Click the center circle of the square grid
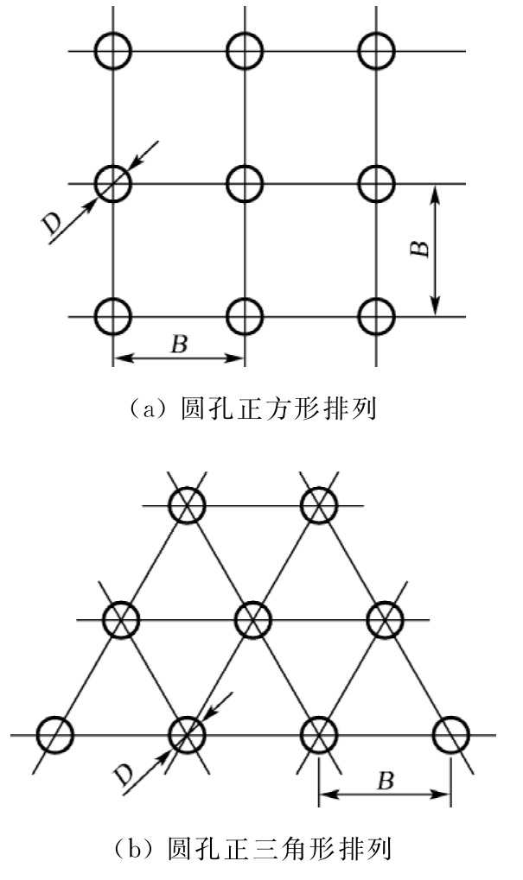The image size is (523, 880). [245, 183]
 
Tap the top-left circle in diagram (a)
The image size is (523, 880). [112, 51]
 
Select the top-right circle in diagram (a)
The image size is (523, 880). [377, 51]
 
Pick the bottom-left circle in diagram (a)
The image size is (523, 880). [112, 316]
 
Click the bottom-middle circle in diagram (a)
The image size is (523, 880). [245, 316]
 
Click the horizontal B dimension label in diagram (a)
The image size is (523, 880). [178, 343]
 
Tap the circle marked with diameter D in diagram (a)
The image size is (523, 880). [112, 183]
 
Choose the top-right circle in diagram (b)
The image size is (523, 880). [317, 506]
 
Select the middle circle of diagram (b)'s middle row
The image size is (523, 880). [251, 619]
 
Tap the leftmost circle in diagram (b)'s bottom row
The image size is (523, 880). [54, 735]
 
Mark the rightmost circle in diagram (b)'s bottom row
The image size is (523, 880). [450, 735]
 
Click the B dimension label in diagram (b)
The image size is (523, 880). [386, 782]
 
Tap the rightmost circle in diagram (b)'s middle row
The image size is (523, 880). [384, 619]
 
